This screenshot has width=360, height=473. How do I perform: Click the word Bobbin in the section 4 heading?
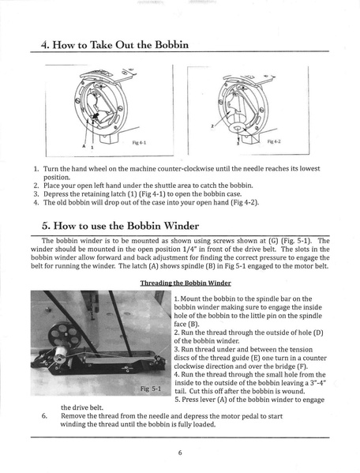(x=166, y=45)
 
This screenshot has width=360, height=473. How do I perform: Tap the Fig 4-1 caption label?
(x=141, y=142)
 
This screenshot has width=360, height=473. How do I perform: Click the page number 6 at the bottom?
(x=180, y=453)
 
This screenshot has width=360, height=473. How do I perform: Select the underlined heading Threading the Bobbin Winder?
(x=185, y=282)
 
